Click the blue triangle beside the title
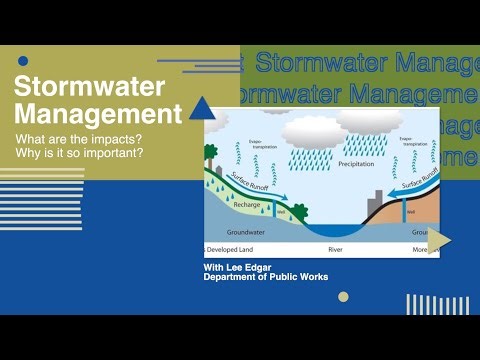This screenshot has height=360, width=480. [204, 108]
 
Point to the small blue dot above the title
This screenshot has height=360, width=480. [23, 61]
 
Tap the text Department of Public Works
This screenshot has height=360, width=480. [265, 277]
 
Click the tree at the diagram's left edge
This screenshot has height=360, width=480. [211, 155]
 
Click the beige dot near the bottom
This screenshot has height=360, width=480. [343, 297]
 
